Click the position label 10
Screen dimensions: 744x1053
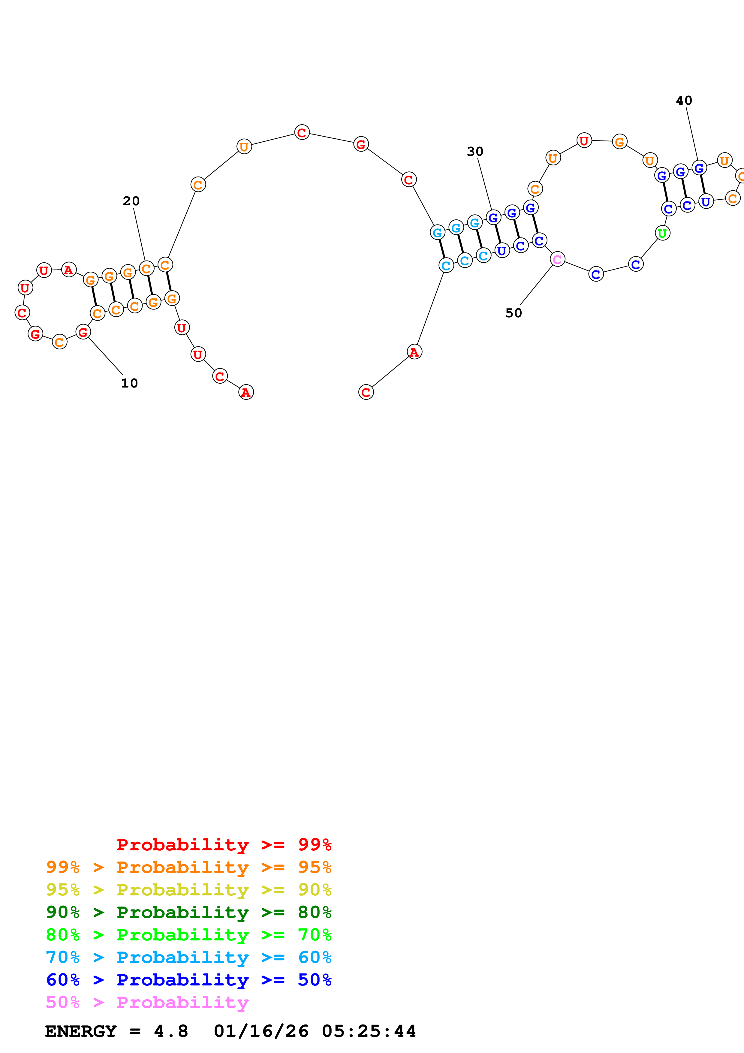pos(129,383)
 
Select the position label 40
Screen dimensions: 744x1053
pos(684,101)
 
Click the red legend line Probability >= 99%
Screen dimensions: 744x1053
pos(224,845)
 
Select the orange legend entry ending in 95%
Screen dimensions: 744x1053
pos(188,867)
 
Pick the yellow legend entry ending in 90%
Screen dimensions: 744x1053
pos(188,890)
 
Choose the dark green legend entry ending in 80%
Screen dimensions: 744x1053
pos(188,912)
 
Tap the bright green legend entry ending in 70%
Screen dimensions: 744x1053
pos(188,935)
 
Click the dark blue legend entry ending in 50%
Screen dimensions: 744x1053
pos(188,980)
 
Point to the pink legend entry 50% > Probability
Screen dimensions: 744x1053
pos(147,1002)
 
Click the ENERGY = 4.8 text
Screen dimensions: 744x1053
pos(116,1031)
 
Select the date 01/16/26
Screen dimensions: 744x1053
pos(261,1031)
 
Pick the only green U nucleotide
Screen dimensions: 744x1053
pos(662,234)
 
